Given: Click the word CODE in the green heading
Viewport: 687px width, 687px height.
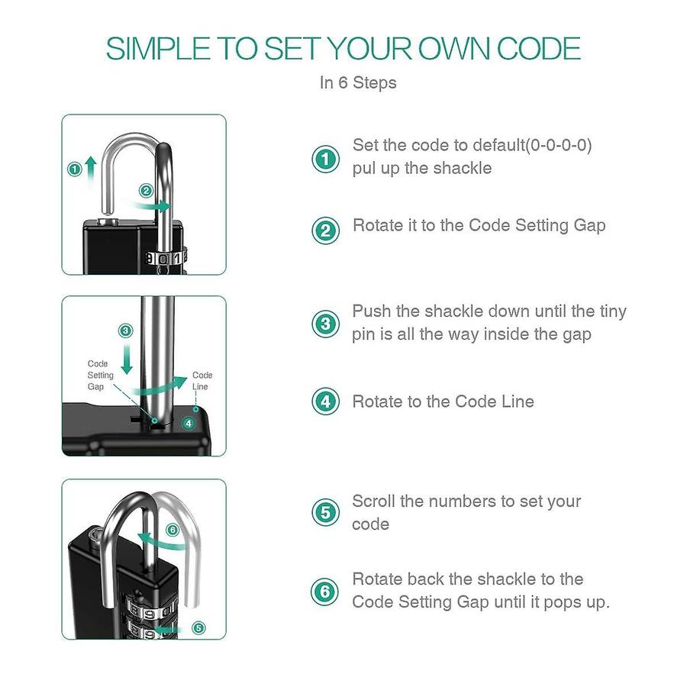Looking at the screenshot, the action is pos(538,48).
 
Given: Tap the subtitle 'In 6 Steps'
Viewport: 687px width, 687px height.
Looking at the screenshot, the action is pos(358,82).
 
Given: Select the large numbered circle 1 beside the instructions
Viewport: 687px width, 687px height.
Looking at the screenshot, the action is pos(325,159).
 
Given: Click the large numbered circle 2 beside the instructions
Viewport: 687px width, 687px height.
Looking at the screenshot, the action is pos(325,231).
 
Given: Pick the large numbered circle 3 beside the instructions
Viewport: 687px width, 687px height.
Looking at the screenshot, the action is pos(325,324).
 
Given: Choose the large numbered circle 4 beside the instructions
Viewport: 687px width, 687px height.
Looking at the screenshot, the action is pos(325,402).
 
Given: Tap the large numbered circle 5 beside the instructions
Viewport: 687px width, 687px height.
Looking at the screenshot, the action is pos(325,512).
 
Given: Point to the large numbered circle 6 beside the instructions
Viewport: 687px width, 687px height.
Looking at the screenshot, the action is pos(324,592).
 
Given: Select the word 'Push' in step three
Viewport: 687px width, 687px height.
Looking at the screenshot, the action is pos(372,311).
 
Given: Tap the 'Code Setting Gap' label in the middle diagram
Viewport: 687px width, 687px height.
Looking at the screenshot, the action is pos(100,375).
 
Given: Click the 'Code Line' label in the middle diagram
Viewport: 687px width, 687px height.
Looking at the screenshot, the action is pos(202,381).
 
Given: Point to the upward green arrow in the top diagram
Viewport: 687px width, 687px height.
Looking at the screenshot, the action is pos(91,171).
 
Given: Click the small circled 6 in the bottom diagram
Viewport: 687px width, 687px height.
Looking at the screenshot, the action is pos(173,531).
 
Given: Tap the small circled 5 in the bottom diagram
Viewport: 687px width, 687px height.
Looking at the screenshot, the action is pos(198,628).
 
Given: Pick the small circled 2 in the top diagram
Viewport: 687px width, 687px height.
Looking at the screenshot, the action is pos(146,191).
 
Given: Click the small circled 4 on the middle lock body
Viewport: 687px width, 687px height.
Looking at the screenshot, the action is pos(189,423).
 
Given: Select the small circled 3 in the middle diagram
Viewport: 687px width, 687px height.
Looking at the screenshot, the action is pos(126,331).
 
